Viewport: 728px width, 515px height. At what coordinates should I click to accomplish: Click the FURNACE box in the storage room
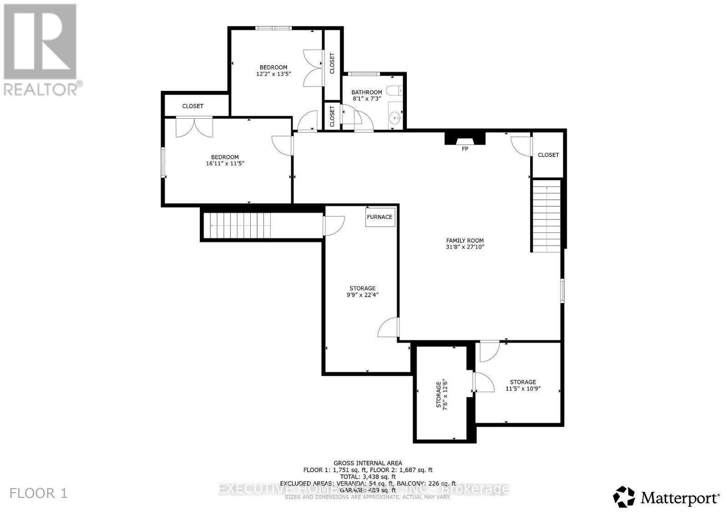click(x=379, y=217)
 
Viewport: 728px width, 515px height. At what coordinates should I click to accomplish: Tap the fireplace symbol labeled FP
click(x=465, y=138)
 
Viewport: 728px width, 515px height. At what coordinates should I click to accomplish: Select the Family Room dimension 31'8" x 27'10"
click(x=465, y=247)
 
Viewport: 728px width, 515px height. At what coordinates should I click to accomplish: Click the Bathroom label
click(x=367, y=92)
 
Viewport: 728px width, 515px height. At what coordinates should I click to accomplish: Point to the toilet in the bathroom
click(x=394, y=91)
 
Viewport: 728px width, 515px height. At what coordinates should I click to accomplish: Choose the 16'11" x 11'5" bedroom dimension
click(x=225, y=163)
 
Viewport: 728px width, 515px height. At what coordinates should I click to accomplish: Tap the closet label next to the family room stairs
click(x=548, y=155)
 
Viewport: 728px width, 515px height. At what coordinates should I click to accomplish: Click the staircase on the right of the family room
click(x=546, y=215)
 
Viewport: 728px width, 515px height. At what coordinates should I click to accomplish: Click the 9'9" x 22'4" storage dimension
click(x=362, y=295)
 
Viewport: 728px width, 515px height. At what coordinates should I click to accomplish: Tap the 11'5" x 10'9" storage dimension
click(x=523, y=389)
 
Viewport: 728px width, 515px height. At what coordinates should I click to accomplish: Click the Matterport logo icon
click(x=624, y=497)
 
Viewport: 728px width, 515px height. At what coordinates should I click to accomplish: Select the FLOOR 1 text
click(x=39, y=493)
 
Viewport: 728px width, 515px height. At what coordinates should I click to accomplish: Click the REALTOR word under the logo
click(x=41, y=89)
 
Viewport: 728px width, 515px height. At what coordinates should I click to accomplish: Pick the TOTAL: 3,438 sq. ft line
click(x=368, y=477)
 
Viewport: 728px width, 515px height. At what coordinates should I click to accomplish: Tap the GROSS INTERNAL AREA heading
click(x=368, y=463)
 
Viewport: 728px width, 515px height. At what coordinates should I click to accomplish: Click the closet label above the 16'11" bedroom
click(x=192, y=106)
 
